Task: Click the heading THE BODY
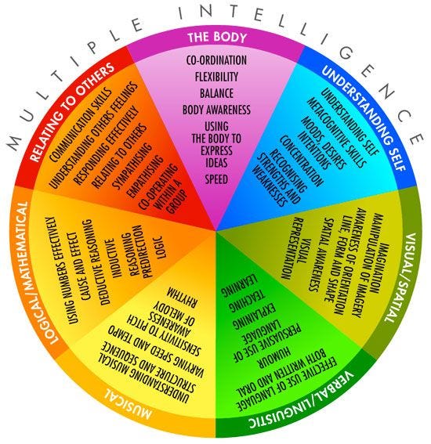pos(215,38)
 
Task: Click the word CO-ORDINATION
pos(215,61)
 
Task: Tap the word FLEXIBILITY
pos(215,78)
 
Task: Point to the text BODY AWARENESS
pos(215,110)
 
